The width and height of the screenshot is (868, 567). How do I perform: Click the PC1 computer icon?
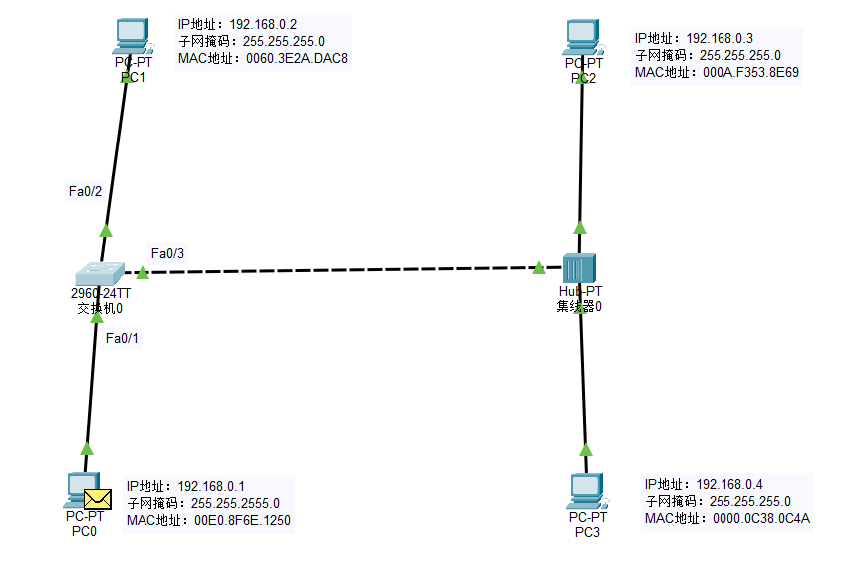(131, 37)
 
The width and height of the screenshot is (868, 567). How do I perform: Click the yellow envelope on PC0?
(97, 498)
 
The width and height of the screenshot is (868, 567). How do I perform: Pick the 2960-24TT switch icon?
(100, 272)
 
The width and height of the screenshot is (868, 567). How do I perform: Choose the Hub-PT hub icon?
(578, 268)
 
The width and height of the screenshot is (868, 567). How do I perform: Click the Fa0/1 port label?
(122, 338)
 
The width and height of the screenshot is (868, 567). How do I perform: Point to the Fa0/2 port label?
(84, 191)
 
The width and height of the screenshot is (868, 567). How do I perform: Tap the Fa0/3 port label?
(167, 253)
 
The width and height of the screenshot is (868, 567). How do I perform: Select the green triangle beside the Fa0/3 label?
(143, 272)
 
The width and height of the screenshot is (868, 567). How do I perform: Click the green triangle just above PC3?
(585, 448)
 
